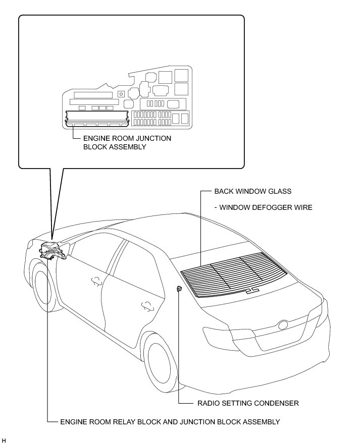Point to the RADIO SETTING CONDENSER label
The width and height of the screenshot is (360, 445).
point(247,403)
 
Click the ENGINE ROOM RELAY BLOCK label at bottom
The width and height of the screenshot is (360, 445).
point(170,421)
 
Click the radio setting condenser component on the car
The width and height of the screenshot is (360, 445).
point(179,289)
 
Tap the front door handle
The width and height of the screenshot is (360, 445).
point(94,282)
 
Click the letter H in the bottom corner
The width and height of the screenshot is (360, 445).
point(4,441)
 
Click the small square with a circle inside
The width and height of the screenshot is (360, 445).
point(121,93)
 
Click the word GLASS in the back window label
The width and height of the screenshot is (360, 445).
point(281,192)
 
